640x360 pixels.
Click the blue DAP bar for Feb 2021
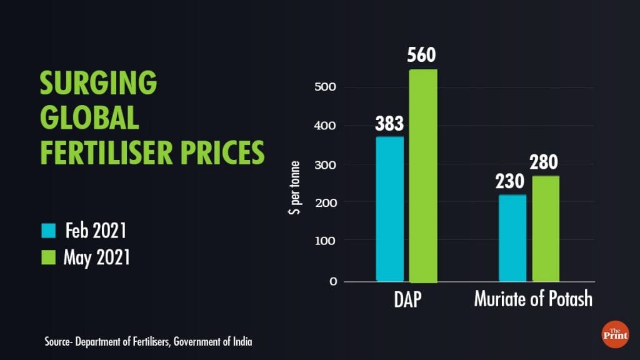click(x=389, y=209)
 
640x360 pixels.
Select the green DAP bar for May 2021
click(x=423, y=175)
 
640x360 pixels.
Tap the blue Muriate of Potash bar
click(x=512, y=238)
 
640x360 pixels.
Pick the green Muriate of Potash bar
click(x=546, y=229)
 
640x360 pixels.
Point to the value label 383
click(x=389, y=124)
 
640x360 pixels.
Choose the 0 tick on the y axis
click(x=332, y=281)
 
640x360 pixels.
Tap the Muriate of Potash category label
click(x=532, y=299)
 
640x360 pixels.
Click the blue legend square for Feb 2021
click(x=49, y=231)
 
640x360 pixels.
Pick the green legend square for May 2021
click(x=49, y=256)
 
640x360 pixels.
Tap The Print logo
click(x=615, y=334)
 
